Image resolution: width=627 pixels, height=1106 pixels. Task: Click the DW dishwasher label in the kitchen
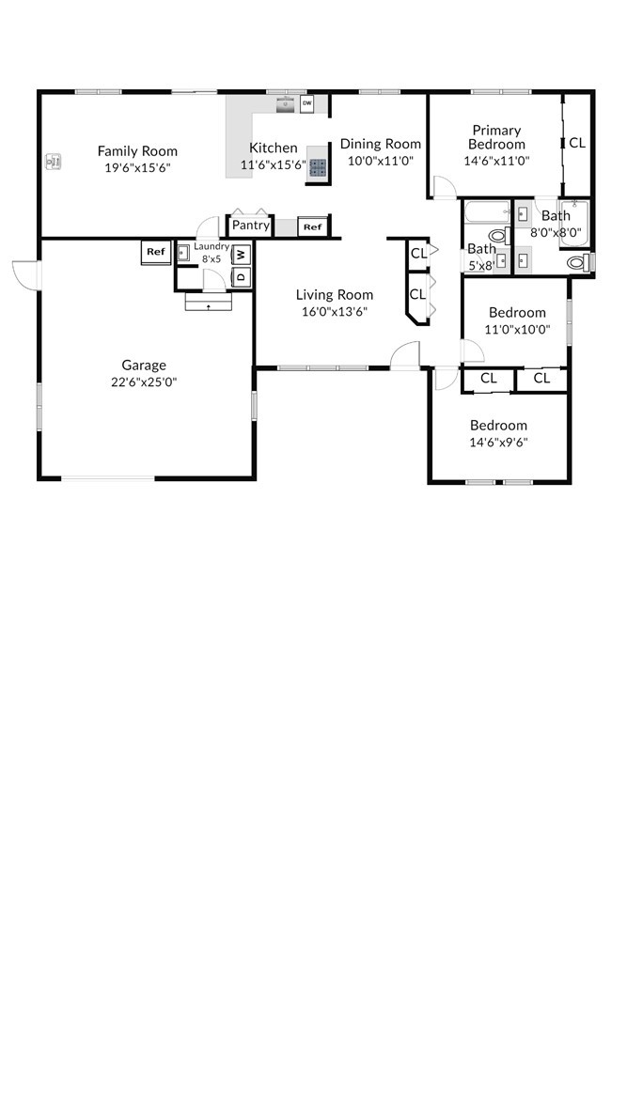pos(306,103)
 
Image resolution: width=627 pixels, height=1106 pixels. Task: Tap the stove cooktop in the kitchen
pos(318,167)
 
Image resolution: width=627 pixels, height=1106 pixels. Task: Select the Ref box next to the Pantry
pos(313,227)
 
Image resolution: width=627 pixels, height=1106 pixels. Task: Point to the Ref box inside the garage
pos(157,252)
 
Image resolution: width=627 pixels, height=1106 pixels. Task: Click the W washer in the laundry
pos(241,254)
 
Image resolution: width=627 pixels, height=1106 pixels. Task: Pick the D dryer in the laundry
pos(241,275)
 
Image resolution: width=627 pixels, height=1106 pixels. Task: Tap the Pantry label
pos(250,226)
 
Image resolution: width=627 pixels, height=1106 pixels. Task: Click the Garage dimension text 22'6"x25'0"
pos(144,382)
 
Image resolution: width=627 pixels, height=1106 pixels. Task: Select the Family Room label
pos(137,151)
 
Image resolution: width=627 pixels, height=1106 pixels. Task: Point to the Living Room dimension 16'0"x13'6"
pos(335,311)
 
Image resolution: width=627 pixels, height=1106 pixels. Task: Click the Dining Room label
pos(381,144)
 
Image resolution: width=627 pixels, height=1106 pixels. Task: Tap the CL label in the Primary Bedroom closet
pos(577,143)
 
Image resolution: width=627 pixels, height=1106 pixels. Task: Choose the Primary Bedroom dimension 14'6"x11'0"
pos(496,160)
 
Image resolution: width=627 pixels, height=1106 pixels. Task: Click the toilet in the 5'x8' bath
pos(498,236)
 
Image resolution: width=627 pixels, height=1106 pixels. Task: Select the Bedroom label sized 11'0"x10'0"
pos(517,313)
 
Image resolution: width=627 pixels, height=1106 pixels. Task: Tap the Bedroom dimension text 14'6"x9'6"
pos(498,443)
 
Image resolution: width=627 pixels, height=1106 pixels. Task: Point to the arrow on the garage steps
pos(208,307)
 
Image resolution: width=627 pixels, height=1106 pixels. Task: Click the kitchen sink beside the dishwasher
pos(286,105)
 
